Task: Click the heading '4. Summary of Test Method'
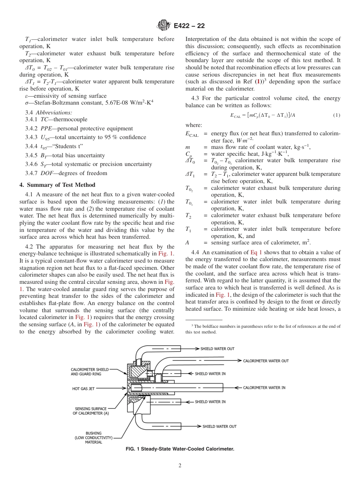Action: tap(57, 185)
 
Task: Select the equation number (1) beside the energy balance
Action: tap(337, 115)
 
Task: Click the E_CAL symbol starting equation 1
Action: tap(235, 116)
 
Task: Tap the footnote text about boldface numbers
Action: tap(263, 329)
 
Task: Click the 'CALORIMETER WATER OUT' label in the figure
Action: tap(266, 361)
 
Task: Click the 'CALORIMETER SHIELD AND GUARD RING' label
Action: tap(90, 372)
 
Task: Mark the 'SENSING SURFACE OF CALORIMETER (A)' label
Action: tap(91, 411)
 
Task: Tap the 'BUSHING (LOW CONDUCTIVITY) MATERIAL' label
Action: tap(94, 437)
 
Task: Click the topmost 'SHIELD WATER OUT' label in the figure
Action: tap(217, 349)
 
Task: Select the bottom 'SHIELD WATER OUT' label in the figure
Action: tap(219, 426)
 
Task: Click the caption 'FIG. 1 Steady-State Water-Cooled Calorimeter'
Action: tap(180, 449)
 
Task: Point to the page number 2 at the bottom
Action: tap(180, 465)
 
